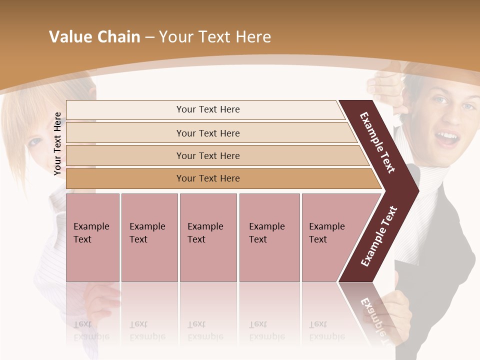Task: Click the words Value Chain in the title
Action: click(x=94, y=37)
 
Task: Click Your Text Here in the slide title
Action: click(x=215, y=37)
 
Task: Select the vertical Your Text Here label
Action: click(x=57, y=143)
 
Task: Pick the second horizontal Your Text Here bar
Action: click(x=207, y=133)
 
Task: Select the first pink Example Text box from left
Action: click(x=92, y=237)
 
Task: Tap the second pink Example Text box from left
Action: click(x=149, y=237)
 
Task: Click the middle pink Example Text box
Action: click(x=208, y=237)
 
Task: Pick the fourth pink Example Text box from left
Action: click(x=269, y=237)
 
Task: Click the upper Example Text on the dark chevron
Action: click(x=377, y=142)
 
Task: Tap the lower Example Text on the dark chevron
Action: click(x=379, y=236)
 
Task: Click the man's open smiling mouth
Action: click(x=447, y=137)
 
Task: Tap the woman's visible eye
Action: click(x=35, y=142)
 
